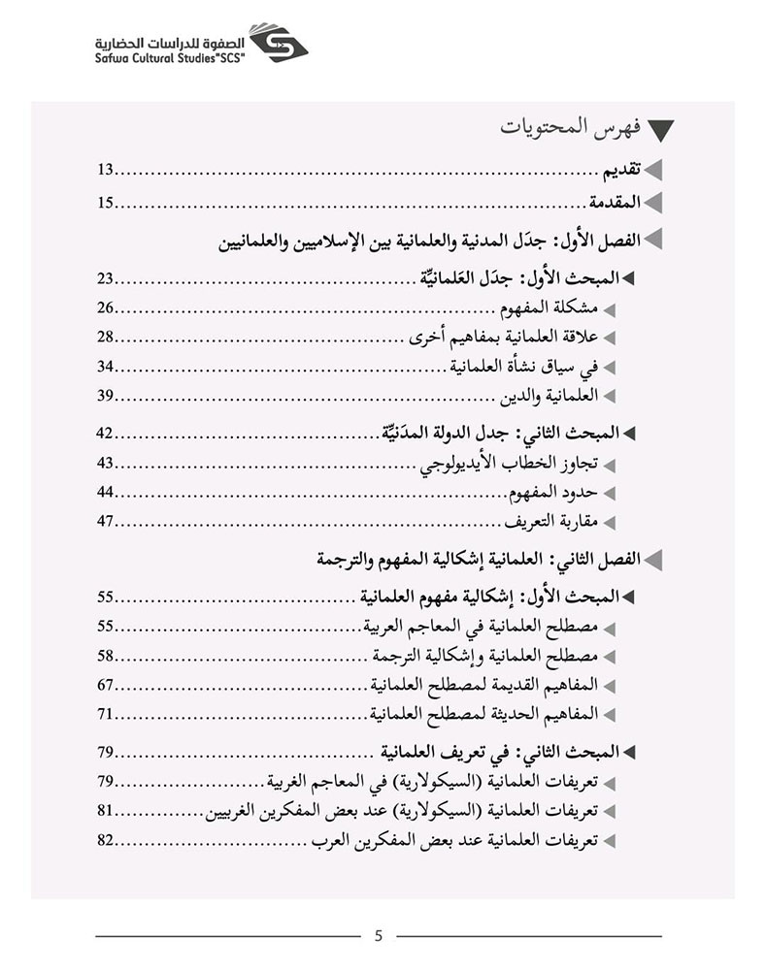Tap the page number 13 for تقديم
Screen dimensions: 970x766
point(106,171)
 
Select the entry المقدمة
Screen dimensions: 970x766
point(615,203)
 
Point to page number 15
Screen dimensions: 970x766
point(106,203)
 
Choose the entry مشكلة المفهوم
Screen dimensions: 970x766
point(545,308)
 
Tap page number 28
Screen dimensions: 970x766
point(106,337)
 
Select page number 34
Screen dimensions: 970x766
point(106,366)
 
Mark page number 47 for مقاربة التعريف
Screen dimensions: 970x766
point(106,522)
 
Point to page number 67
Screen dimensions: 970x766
point(106,684)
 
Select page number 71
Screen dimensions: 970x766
point(106,713)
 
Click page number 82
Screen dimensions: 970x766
point(106,840)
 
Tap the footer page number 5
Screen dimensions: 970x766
point(380,936)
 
